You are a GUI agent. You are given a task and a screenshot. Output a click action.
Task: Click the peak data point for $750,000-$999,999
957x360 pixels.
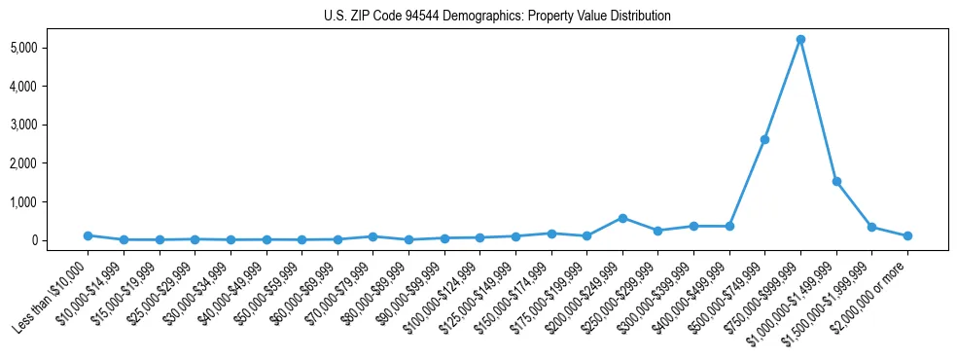800,40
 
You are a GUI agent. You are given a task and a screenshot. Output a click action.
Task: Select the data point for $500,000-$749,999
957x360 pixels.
764,139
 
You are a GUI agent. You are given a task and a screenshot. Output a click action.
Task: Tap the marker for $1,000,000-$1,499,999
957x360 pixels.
836,181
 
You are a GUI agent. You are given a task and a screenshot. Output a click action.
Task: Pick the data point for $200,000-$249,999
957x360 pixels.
622,218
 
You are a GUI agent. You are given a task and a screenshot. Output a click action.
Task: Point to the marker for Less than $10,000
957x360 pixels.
88,235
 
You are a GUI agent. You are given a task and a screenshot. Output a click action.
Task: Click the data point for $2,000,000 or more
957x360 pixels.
907,235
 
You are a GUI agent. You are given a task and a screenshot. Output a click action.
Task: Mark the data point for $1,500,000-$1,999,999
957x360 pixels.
871,227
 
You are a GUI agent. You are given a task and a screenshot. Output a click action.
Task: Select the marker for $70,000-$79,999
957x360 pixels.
372,236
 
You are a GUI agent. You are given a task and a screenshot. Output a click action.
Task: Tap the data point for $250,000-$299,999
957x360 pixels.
658,231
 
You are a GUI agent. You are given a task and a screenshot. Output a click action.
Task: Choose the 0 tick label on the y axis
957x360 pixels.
59,240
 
